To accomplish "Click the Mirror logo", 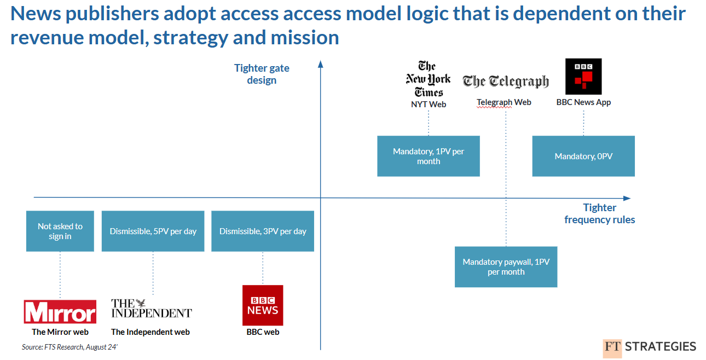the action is pyautogui.click(x=60, y=311).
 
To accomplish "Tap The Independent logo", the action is pyautogui.click(x=151, y=309).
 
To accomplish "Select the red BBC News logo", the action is pyautogui.click(x=263, y=305).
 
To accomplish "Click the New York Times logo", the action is pyautogui.click(x=429, y=79).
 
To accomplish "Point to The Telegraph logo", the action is pyautogui.click(x=506, y=82).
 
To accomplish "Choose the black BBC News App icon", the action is pyautogui.click(x=583, y=76).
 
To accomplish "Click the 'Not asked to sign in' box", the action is pyautogui.click(x=60, y=231).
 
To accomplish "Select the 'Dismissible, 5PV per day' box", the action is pyautogui.click(x=153, y=231).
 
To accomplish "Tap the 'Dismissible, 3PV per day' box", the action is pyautogui.click(x=263, y=231).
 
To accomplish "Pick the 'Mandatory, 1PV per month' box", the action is pyautogui.click(x=429, y=156).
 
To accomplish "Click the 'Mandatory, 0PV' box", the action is pyautogui.click(x=583, y=156).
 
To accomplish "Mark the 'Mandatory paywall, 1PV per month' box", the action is pyautogui.click(x=506, y=267).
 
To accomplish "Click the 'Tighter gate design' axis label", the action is pyautogui.click(x=262, y=74).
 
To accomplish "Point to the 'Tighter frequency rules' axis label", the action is pyautogui.click(x=599, y=213).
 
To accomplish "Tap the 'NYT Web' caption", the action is pyautogui.click(x=429, y=104).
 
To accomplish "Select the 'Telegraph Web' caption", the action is pyautogui.click(x=504, y=102).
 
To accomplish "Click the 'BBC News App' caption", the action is pyautogui.click(x=583, y=102).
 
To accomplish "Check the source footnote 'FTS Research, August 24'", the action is pyautogui.click(x=70, y=347).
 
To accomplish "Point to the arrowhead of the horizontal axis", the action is pyautogui.click(x=627, y=198).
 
